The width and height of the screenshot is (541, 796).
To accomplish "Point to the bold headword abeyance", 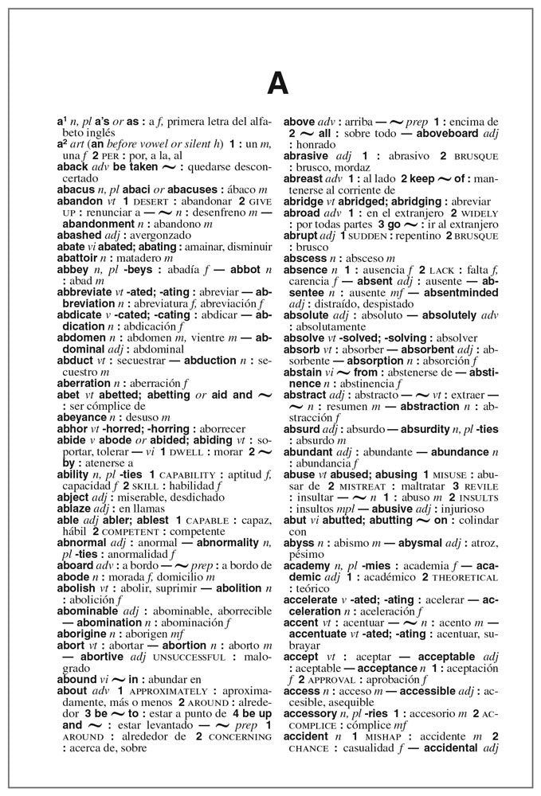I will (x=83, y=416).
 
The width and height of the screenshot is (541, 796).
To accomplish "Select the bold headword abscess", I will (x=306, y=258).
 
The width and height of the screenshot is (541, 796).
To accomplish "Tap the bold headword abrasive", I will (x=308, y=156).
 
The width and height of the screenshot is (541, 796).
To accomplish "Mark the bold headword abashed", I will (x=79, y=236).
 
